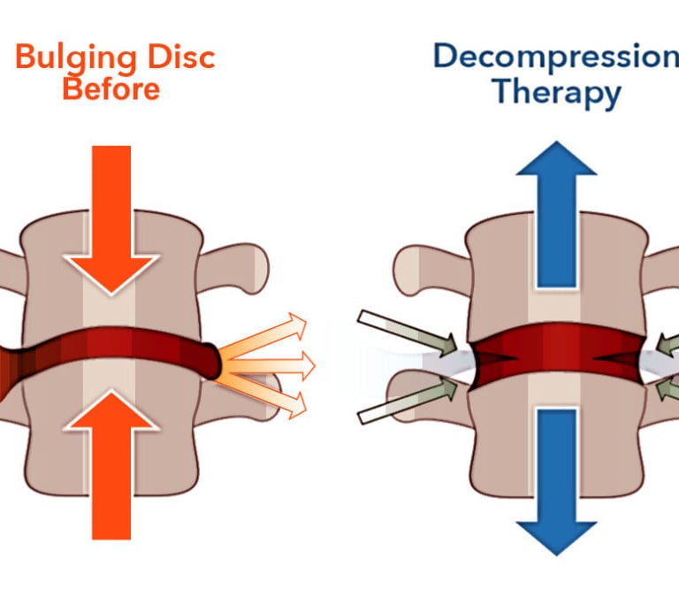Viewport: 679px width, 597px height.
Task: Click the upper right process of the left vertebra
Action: pos(239,262)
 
